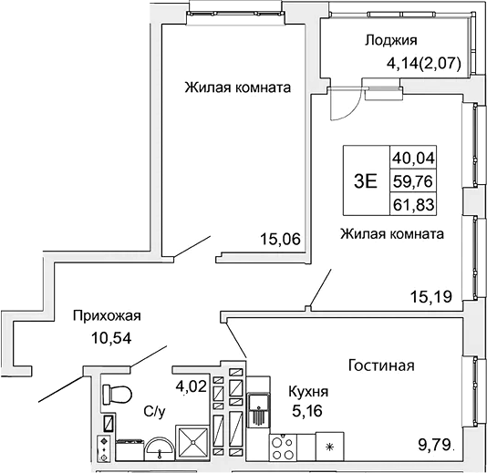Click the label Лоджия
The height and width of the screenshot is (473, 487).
point(390,39)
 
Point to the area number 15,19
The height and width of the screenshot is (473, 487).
point(431,295)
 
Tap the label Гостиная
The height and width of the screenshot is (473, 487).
point(381,365)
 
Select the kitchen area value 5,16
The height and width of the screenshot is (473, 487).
point(308,410)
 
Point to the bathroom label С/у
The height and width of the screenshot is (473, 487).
point(154,412)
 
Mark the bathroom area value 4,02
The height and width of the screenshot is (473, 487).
point(190,386)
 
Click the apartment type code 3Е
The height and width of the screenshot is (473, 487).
point(364,180)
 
